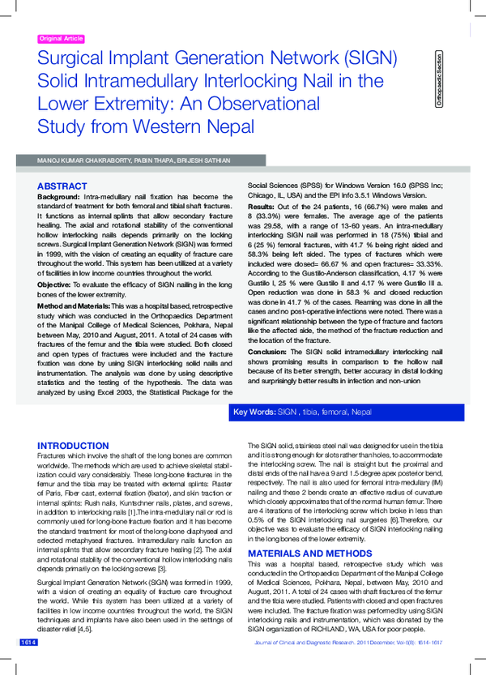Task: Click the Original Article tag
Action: tap(62, 39)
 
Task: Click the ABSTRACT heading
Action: tap(62, 186)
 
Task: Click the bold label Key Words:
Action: tap(254, 412)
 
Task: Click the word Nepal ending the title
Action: tap(224, 127)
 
